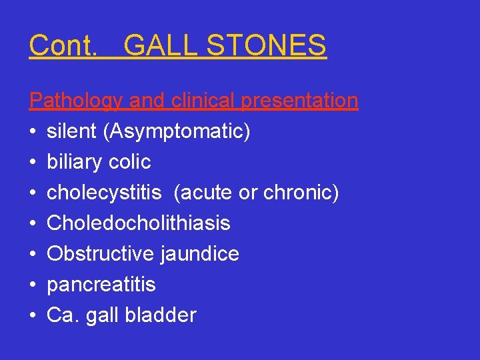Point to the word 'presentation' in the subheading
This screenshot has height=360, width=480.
click(299, 101)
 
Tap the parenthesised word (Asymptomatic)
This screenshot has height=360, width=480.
click(177, 132)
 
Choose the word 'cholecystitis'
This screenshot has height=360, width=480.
click(104, 193)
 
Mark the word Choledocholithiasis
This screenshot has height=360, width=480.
click(139, 223)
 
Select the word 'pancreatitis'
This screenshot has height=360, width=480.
click(101, 285)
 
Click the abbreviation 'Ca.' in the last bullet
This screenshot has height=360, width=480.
click(62, 315)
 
